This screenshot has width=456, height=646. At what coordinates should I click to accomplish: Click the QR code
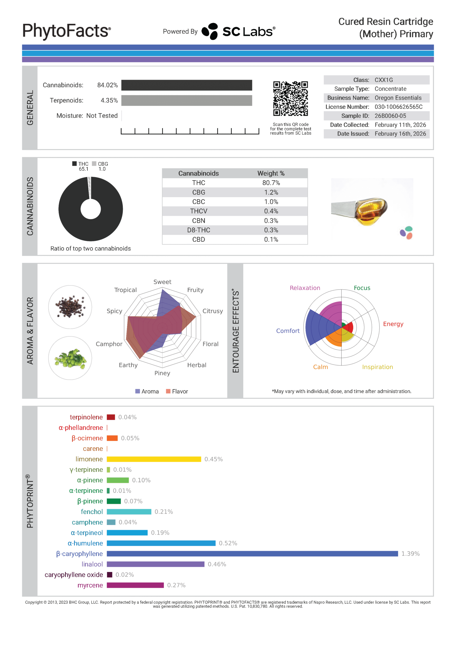pos(290,98)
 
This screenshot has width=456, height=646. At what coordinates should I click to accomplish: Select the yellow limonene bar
pos(154,459)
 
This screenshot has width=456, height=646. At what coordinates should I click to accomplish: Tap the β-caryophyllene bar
pos(252,554)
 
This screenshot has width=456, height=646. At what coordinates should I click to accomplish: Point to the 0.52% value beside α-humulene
pos(228,543)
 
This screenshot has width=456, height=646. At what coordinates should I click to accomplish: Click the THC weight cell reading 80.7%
pos(271,183)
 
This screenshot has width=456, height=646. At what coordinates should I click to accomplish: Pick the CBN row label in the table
pos(198,221)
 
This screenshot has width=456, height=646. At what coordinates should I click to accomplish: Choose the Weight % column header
pos(271,173)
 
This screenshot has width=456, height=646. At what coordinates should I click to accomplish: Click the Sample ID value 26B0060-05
pos(390,116)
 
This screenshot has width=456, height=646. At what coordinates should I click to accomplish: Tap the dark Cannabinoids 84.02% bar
pos(187,85)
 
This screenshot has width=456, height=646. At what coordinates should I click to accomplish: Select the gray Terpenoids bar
pos(187,100)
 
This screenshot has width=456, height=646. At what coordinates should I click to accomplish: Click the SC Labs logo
pos(238,31)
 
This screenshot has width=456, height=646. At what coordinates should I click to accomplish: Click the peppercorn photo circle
pos(70,307)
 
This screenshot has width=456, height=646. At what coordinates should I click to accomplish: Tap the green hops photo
pos(70,358)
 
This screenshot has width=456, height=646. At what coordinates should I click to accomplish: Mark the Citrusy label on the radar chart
pos(212,311)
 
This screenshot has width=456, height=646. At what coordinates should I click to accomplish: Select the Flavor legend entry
pos(177,391)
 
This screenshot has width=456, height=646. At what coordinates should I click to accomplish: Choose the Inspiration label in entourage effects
pos(377,367)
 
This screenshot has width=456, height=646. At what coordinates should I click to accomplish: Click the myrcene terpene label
pos(90,585)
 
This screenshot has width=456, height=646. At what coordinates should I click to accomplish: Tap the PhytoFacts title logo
pos(67,31)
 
